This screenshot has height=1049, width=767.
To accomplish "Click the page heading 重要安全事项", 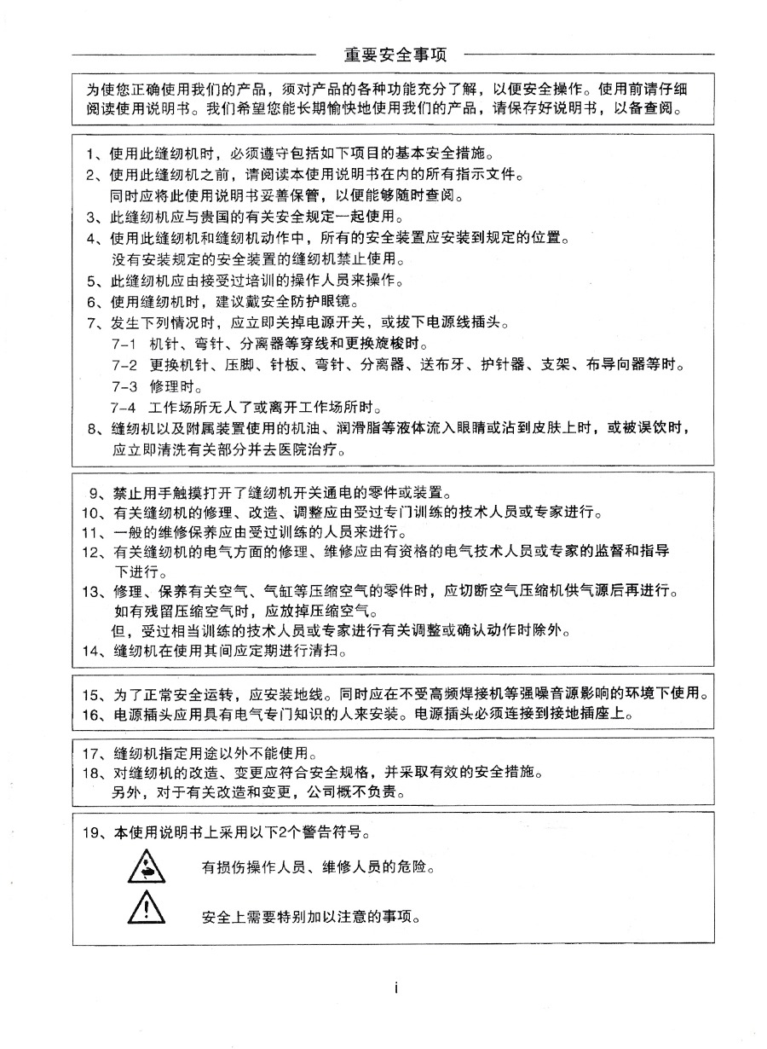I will pyautogui.click(x=395, y=55).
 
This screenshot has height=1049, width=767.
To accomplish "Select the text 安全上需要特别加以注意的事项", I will pyautogui.click(x=313, y=918).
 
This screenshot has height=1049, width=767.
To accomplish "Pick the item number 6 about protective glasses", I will pyautogui.click(x=94, y=302).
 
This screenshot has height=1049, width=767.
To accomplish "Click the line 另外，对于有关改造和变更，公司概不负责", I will pyautogui.click(x=258, y=793).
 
